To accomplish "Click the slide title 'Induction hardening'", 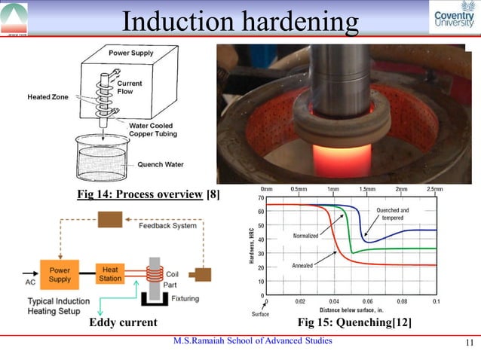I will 240,22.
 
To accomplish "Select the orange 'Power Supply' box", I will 60,273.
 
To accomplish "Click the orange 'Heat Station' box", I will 110,273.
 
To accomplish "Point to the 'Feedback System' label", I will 167,224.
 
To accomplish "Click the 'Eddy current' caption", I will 123,323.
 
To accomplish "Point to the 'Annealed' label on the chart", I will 302,266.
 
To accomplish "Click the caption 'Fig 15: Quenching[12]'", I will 354,323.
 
